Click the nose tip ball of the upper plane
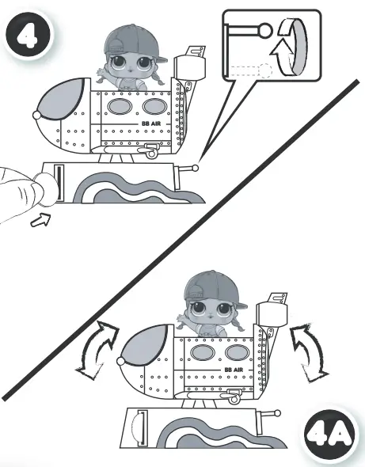[x=36, y=115]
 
